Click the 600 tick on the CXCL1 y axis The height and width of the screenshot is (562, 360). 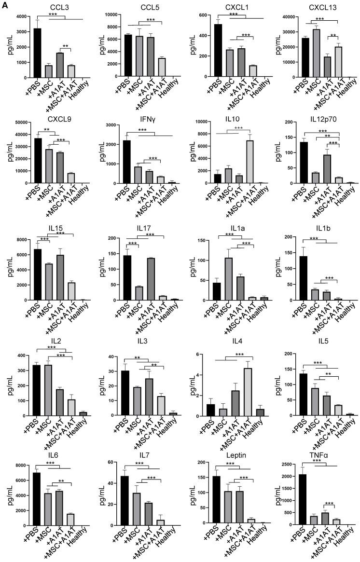(x=200, y=15)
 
